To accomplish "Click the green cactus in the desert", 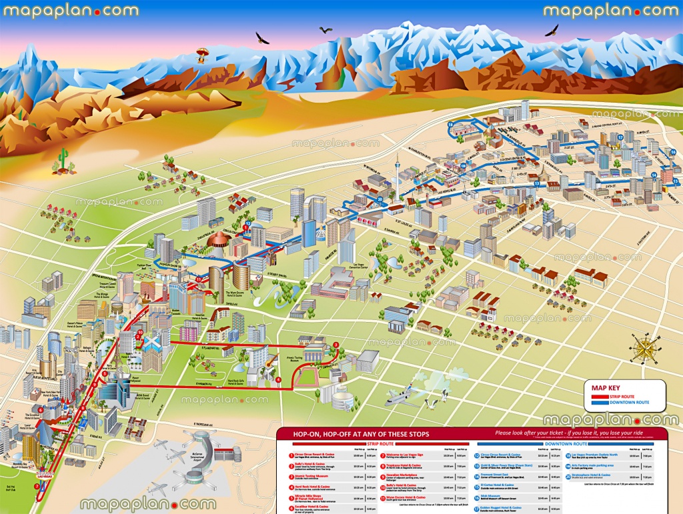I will tap(63, 160).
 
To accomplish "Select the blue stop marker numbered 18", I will tap(451, 124).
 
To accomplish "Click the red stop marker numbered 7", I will tap(37, 486).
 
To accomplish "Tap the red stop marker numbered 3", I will tap(336, 345).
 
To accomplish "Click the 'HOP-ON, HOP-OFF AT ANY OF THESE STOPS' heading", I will tap(361, 434).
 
